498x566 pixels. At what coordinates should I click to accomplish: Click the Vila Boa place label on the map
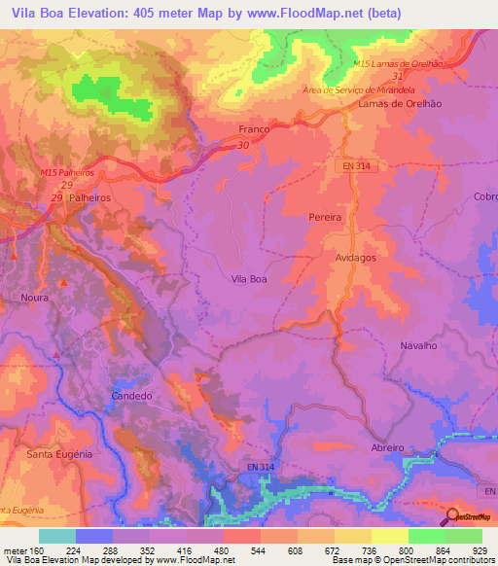point(249,279)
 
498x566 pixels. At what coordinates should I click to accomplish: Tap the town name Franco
point(254,127)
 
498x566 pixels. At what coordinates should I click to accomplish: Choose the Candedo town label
point(131,397)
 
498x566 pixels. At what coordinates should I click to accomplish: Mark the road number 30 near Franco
point(242,145)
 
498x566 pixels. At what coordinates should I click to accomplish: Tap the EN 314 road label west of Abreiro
point(255,469)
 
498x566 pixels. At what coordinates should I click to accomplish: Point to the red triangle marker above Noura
point(63,283)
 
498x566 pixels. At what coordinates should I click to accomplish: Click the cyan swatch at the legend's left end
point(56,536)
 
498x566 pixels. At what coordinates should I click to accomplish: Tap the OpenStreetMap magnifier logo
point(451,516)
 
